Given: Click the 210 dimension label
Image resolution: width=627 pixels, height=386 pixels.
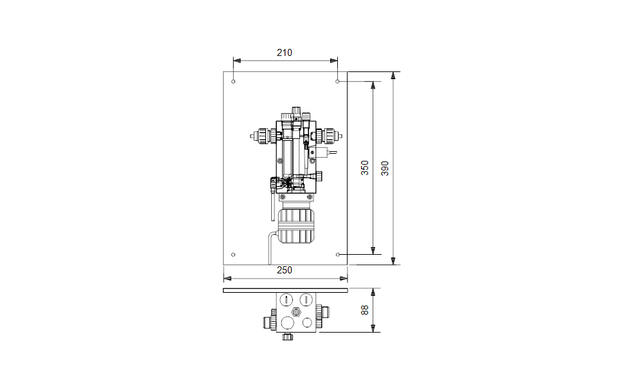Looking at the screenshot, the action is (285, 53).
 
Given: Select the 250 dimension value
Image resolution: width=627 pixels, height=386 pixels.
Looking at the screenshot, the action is (285, 270).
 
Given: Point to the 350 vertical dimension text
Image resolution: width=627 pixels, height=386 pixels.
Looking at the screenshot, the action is (365, 168).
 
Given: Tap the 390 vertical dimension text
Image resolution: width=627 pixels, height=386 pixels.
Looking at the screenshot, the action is (385, 168).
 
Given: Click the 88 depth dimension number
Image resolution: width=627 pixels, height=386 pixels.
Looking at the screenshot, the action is (365, 310).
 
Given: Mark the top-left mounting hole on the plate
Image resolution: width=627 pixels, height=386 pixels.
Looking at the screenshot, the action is (234, 82).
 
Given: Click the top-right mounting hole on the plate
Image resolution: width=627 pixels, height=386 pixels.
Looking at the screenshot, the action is (337, 82).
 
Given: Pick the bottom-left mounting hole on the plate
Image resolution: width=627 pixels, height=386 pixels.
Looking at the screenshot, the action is (234, 255).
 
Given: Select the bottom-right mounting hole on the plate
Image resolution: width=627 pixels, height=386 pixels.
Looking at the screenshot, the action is (338, 255).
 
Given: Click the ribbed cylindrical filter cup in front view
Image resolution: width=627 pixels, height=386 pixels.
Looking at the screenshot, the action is (296, 226).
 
